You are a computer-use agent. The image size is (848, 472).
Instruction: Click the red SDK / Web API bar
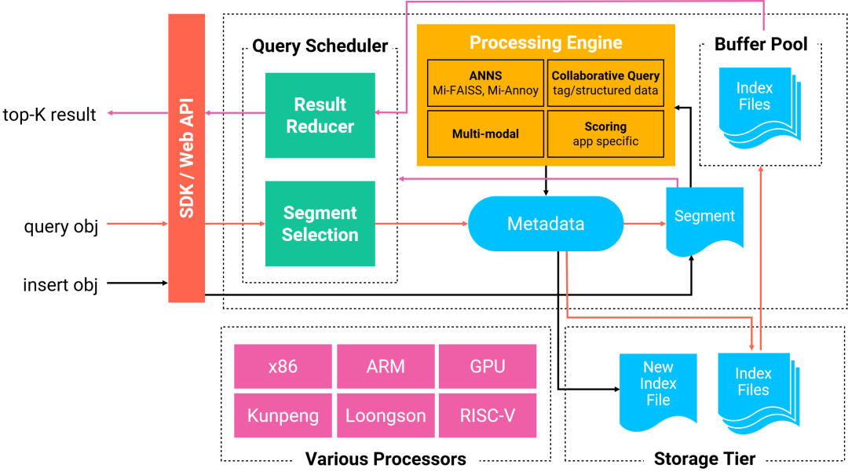pos(186,158)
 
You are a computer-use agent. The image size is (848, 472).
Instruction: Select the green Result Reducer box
pos(320,115)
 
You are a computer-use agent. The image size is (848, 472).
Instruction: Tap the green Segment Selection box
pos(320,224)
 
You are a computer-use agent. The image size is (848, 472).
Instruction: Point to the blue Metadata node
pos(546,224)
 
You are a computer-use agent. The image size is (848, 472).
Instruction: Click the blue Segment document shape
pos(704,220)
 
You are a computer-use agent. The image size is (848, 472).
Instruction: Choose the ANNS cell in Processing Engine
pos(485,82)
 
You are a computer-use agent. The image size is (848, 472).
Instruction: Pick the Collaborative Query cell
pos(605,82)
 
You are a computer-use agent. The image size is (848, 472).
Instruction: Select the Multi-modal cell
pos(485,134)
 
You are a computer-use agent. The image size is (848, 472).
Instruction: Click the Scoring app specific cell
pos(605,134)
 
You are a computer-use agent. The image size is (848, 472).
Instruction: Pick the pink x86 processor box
pos(283,366)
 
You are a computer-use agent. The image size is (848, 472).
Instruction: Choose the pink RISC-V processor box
pos(488,415)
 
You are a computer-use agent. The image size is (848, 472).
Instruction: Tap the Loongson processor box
pos(386,415)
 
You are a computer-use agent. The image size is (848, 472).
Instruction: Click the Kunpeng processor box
pos(283,415)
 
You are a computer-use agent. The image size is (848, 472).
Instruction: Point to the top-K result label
pos(49,115)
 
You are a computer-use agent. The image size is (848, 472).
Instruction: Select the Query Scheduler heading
pos(320,46)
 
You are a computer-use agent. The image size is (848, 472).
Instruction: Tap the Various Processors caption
pos(386,459)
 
